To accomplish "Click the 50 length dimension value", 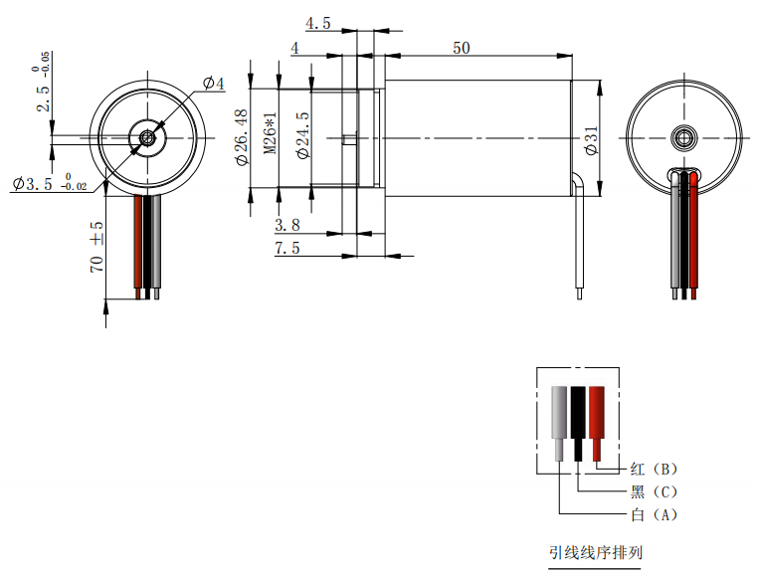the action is pos(462,48).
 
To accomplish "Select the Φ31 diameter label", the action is pos(591,140).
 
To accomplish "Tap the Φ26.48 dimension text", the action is pos(241,137).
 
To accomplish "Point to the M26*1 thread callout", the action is pos(271,133).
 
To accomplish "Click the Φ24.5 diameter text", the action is pos(303,135).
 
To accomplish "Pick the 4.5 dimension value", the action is pos(318,23).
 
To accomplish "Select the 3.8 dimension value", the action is pos(287,225).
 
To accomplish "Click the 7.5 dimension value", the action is pos(287,248).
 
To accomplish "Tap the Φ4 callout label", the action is pos(214,84).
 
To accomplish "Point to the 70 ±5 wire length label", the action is pos(96,247).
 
